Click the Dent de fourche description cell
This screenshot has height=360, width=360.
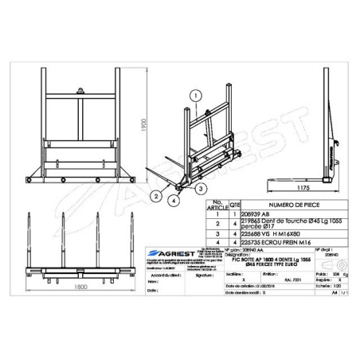pyautogui.click(x=267, y=224)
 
